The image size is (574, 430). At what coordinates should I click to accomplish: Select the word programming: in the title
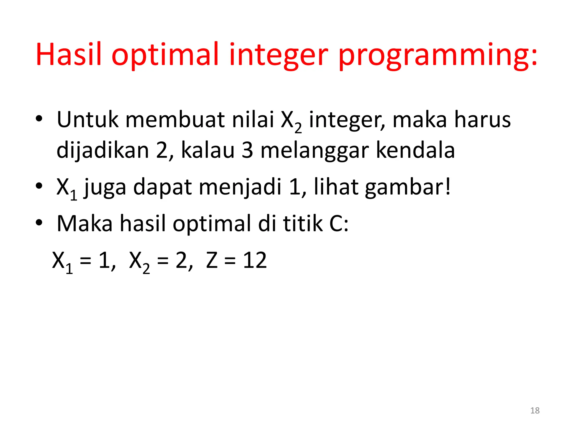coord(438,55)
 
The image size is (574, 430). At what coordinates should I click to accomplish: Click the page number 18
coord(535,410)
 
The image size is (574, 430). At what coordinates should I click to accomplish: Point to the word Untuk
coord(87,120)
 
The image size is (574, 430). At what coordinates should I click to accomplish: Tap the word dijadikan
coord(103,150)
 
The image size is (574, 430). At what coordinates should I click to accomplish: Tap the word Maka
coord(85,223)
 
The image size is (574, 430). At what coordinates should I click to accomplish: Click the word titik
coord(302,223)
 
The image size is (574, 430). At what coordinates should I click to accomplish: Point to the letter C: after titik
coord(339,223)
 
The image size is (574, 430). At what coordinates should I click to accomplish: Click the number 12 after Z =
coord(255,260)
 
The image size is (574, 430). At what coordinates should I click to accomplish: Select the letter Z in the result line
coord(212,260)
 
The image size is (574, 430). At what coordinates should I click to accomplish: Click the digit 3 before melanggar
coord(247,150)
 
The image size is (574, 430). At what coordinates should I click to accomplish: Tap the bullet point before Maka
coord(39,223)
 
